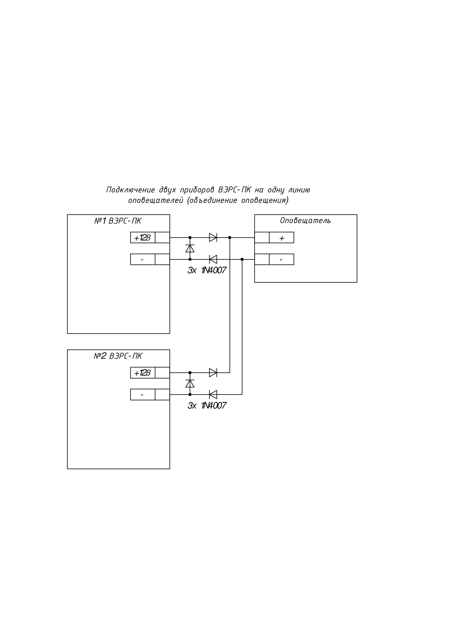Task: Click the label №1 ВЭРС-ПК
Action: click(118, 221)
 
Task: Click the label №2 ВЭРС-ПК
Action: click(118, 356)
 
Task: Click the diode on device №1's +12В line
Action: click(213, 238)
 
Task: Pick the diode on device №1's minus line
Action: click(213, 259)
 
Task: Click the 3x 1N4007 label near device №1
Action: click(207, 270)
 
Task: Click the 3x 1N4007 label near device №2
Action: click(207, 406)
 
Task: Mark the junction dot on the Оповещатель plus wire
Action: click(230, 238)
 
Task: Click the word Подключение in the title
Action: click(130, 190)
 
